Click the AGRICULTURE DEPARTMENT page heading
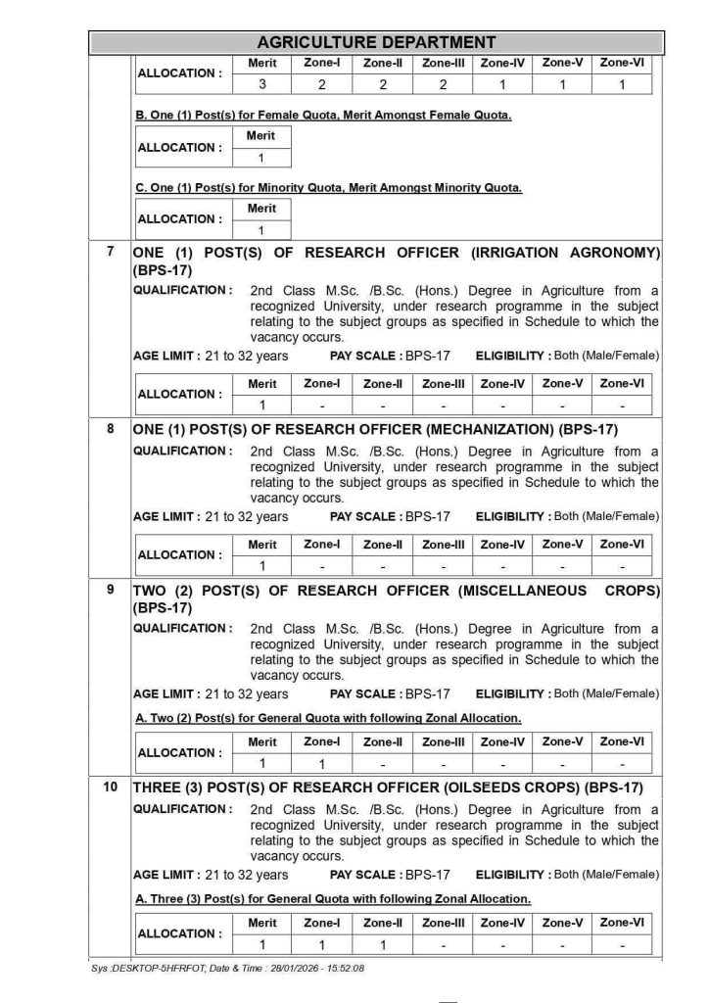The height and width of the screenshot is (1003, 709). pyautogui.click(x=375, y=42)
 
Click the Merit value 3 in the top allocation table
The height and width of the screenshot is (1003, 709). pyautogui.click(x=262, y=84)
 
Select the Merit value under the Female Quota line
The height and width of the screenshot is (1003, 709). pyautogui.click(x=261, y=157)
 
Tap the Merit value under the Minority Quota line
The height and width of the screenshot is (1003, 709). pyautogui.click(x=261, y=229)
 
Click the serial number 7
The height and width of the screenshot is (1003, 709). pyautogui.click(x=111, y=252)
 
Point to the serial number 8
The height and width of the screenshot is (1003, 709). pyautogui.click(x=111, y=428)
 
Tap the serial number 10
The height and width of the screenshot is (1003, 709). pyautogui.click(x=111, y=786)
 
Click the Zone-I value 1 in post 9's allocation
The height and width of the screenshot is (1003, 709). pyautogui.click(x=321, y=763)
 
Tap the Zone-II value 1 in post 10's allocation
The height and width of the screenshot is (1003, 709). pyautogui.click(x=383, y=944)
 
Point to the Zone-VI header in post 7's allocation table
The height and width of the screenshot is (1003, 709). pyautogui.click(x=622, y=383)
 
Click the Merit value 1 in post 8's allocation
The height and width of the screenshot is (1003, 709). pyautogui.click(x=262, y=565)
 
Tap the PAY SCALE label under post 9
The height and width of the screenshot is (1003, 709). pyautogui.click(x=365, y=693)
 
